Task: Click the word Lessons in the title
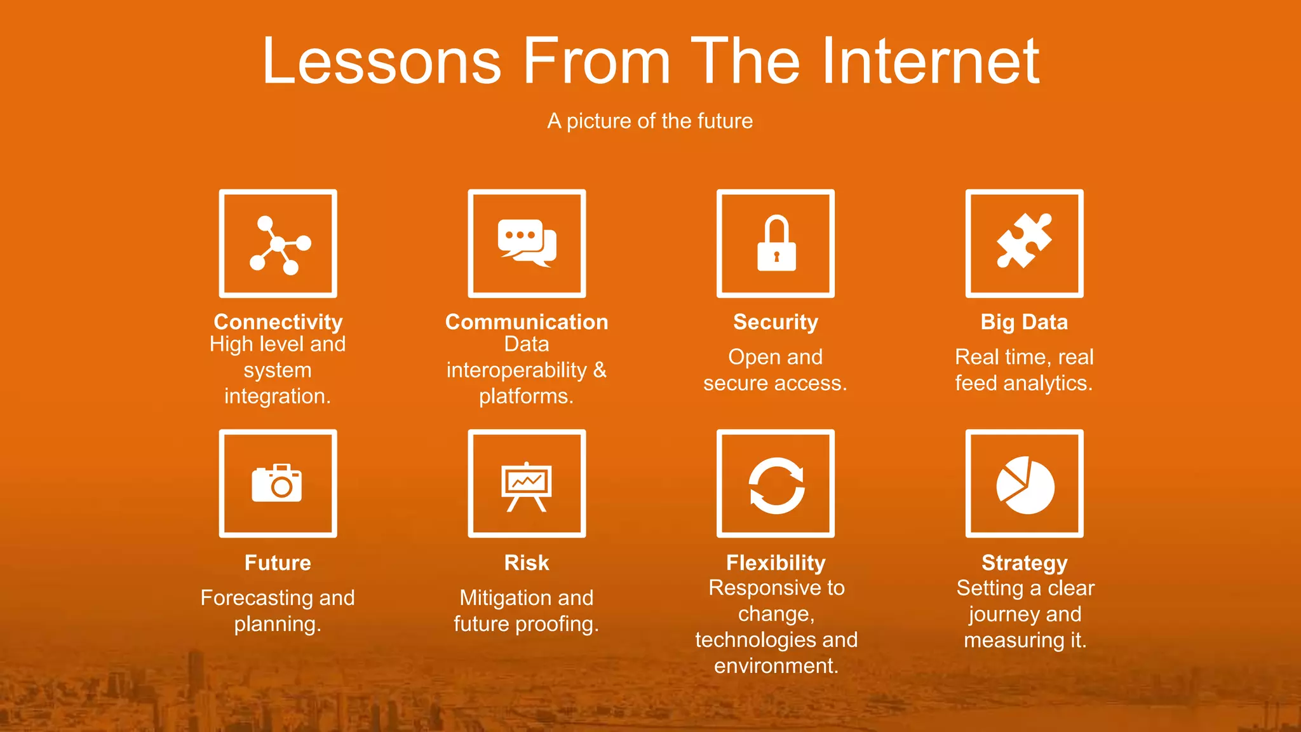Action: pos(382,61)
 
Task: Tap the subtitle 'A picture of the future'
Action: pos(650,121)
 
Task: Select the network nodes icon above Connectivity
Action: pos(278,244)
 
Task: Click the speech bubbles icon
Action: pos(527,243)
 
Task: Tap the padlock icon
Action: pos(776,244)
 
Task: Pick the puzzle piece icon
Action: pos(1024,241)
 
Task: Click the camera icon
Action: pos(277,483)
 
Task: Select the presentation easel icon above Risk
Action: pos(527,486)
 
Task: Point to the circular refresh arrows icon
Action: pos(776,485)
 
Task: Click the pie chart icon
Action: pos(1025,485)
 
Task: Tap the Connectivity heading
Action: pos(278,322)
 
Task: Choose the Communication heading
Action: pos(527,322)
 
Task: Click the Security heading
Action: pos(776,322)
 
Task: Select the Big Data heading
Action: pos(1024,322)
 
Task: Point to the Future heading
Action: pos(278,562)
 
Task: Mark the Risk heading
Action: pos(527,562)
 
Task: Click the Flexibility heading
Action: pos(776,562)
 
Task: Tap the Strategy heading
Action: pos(1024,562)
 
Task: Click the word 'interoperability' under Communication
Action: pos(516,370)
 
